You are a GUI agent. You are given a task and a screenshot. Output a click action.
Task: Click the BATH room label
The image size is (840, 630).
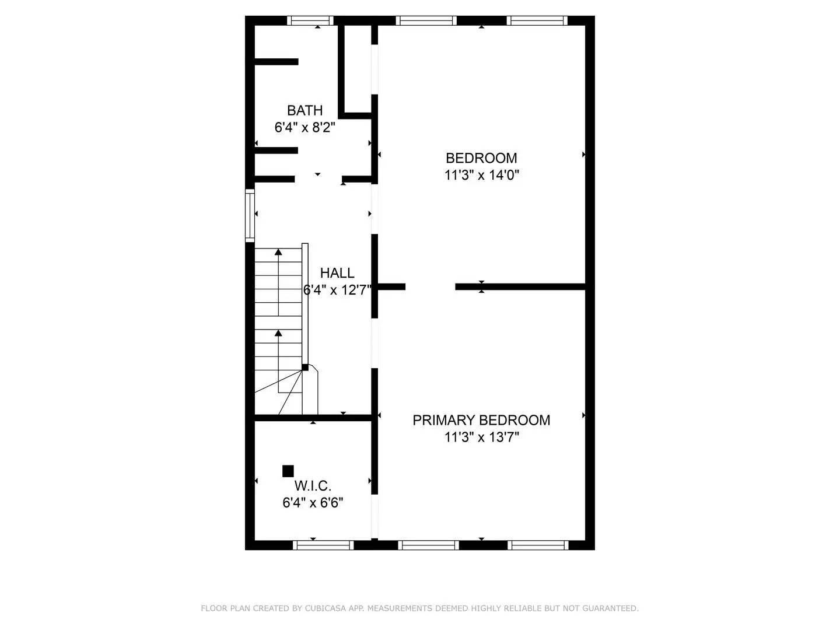pos(304,110)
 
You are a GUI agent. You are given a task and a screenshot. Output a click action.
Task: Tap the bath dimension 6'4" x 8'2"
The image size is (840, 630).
pos(304,127)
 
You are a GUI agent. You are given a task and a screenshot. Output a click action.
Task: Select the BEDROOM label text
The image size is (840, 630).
pos(481,158)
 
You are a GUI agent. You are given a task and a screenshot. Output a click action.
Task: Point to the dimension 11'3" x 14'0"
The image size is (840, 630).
pos(481,175)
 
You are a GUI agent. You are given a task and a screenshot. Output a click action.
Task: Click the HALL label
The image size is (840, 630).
pos(337,273)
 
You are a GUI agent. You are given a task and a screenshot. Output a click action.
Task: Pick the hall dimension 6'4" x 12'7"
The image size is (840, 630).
pos(337,290)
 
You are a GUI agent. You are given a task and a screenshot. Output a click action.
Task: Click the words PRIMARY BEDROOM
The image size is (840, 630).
pos(481,420)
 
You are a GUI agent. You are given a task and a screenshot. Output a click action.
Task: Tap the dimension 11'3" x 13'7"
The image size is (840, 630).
pos(481,437)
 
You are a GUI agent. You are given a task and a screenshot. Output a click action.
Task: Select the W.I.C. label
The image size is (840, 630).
pos(313,486)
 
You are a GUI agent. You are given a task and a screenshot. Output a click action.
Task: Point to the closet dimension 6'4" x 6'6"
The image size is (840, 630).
pos(313,503)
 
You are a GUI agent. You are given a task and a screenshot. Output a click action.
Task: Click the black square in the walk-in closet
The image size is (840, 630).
pos(288,471)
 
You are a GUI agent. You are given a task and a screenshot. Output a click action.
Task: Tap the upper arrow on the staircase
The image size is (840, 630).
pos(278,252)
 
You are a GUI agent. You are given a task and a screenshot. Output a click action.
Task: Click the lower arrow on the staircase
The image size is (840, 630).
pos(278,333)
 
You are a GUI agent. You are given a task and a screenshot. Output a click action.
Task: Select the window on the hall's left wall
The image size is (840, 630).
pos(250,215)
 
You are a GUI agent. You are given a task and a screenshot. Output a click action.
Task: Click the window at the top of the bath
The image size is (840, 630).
pos(311,21)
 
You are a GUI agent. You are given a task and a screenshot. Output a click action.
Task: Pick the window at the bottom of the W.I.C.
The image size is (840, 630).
pos(323,545)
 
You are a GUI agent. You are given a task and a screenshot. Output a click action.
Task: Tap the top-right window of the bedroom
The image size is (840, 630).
pos(537,21)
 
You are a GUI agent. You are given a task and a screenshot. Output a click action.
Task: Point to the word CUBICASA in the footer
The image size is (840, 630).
pos(324,608)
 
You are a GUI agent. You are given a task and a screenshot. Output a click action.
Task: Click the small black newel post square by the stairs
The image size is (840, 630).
pos(304,367)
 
